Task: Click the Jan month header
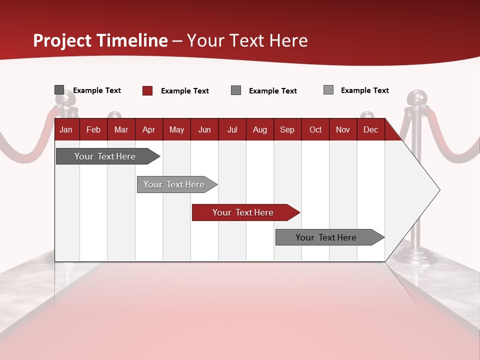(x=66, y=130)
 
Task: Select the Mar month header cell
(x=121, y=130)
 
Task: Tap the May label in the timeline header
(x=176, y=130)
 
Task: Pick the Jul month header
(x=232, y=130)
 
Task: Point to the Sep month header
(x=287, y=130)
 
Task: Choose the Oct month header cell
(x=315, y=130)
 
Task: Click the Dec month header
(x=370, y=130)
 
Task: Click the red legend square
(x=147, y=90)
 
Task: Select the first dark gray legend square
(x=59, y=90)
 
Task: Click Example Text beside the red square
(x=184, y=91)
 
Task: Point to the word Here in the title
(x=288, y=40)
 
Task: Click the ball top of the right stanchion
(x=415, y=98)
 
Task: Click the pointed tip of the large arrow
(x=439, y=190)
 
